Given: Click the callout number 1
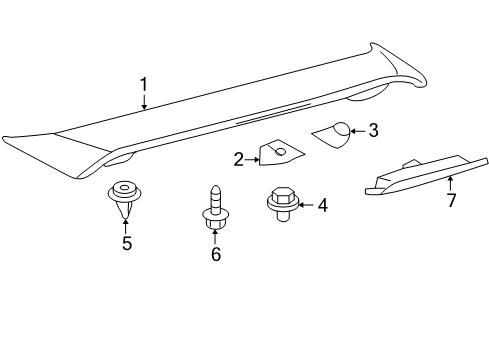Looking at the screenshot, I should [144, 86].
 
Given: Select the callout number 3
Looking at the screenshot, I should [373, 130].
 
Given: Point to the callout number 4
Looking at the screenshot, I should [322, 205].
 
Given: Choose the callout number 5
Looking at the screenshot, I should [126, 243].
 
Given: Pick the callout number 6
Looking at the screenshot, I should [215, 255].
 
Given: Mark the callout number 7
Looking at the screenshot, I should [451, 200].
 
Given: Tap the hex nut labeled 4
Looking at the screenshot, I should [280, 202].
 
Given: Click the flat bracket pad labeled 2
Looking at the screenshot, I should [277, 153].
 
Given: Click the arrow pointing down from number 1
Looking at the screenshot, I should [144, 103].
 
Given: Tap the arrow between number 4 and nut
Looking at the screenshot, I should [305, 205].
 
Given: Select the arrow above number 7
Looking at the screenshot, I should [451, 182].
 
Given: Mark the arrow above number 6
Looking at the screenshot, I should [215, 237].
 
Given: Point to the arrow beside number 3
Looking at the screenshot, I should [358, 130].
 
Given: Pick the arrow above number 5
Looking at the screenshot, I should [126, 224].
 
